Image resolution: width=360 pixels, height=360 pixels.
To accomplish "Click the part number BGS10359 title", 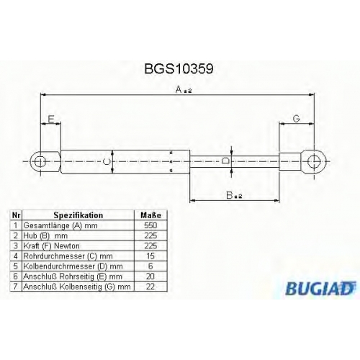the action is [179, 69].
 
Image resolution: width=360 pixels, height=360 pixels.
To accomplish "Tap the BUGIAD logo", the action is [320, 288].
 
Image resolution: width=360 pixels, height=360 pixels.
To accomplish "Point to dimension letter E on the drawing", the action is [51, 119].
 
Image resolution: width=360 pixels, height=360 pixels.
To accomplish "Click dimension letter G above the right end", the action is [297, 119].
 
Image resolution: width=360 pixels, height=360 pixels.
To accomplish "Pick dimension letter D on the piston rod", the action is [225, 161].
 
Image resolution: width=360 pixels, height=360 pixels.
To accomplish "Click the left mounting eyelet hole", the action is [40, 161].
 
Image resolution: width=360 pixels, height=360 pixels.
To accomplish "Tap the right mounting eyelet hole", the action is [314, 161].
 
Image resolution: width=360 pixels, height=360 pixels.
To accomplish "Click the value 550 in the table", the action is [150, 225].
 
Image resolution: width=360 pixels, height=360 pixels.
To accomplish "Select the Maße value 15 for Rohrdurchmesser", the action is [150, 256].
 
